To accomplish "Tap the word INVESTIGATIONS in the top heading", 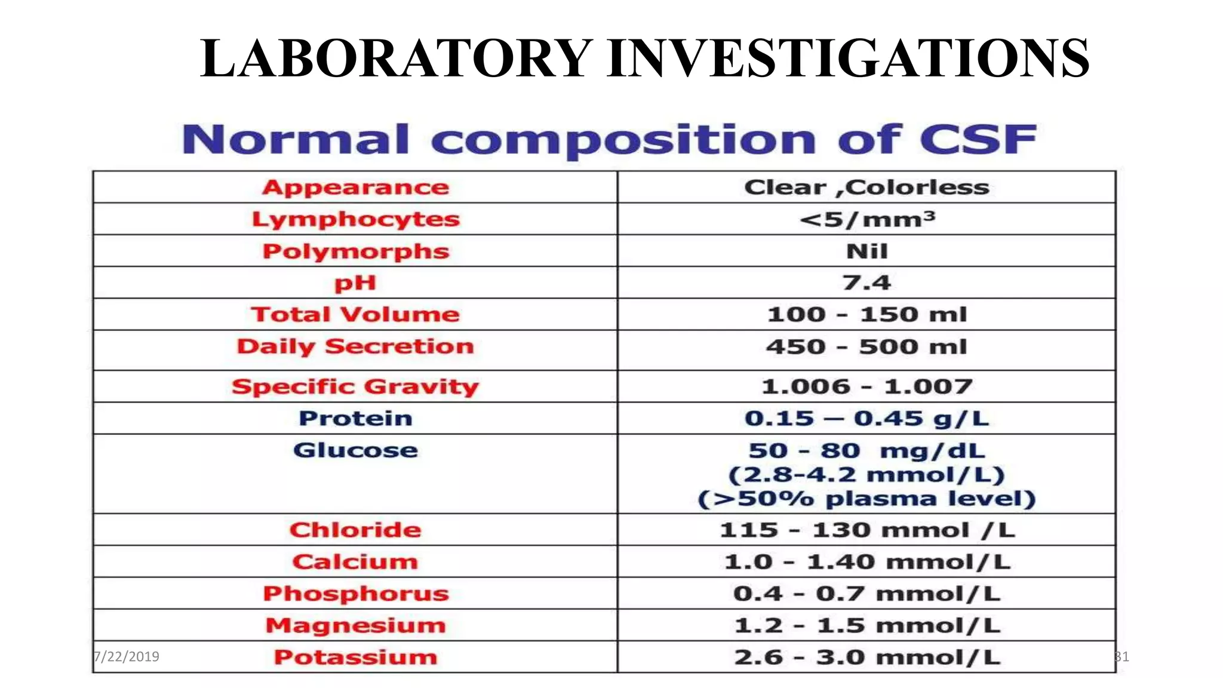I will (848, 58).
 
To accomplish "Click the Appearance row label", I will (355, 188).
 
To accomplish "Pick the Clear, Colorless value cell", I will (866, 188).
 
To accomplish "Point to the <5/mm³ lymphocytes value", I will (866, 219).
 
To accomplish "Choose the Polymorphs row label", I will (355, 251).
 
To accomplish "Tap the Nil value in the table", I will (866, 251).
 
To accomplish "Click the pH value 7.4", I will (866, 282).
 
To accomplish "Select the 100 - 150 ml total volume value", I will (866, 315).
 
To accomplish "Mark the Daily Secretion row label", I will (355, 346).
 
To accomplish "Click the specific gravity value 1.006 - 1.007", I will (866, 386).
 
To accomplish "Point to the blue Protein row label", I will (355, 418).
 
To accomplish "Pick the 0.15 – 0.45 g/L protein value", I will (866, 418).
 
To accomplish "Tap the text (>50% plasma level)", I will (866, 499).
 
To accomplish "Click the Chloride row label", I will (355, 530).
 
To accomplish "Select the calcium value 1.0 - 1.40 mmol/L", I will (866, 562).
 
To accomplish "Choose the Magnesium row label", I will (355, 625).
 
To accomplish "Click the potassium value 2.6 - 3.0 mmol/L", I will (866, 657).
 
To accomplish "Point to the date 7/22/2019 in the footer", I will (127, 657).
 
